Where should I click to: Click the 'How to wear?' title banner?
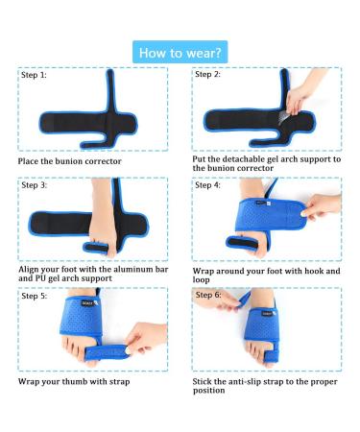coord(180,52)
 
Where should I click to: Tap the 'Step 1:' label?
coord(34,75)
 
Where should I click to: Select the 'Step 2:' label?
coord(208,74)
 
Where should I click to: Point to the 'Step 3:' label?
coord(35,185)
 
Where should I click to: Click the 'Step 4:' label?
coord(208,185)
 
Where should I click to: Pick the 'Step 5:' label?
coord(35,296)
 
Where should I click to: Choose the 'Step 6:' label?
coord(208,295)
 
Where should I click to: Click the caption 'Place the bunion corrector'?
coord(70,161)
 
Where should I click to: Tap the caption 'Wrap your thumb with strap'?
coord(74,381)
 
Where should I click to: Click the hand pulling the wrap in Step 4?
coord(321,206)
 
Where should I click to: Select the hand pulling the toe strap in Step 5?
coord(146,338)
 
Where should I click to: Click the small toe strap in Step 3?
coord(96,248)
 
